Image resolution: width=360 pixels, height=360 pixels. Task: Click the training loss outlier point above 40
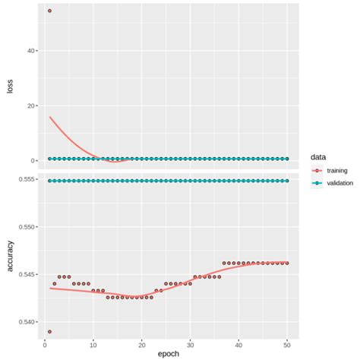49,11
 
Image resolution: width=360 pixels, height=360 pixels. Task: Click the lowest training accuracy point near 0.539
49,331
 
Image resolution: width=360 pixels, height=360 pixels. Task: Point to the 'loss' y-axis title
9,87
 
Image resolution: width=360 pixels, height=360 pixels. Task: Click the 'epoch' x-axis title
168,354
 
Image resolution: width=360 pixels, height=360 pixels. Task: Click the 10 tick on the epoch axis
93,343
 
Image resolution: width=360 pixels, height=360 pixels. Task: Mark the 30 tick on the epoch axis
191,343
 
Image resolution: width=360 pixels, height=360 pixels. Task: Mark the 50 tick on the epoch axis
288,343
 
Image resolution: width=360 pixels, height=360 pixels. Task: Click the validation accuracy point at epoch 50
288,181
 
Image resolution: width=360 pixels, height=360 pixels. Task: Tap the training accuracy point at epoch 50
288,263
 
